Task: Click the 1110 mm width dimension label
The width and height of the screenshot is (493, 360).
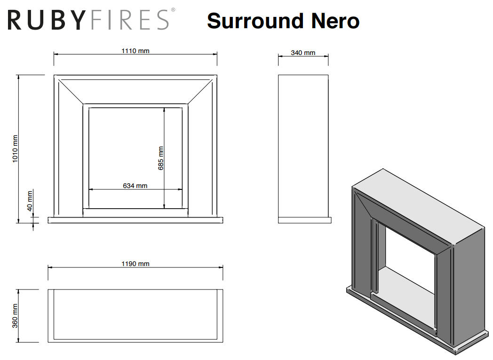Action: point(135,51)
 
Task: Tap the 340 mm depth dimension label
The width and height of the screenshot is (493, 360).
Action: point(303,53)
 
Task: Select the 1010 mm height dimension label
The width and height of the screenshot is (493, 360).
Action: point(15,149)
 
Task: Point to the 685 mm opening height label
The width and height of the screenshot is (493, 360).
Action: point(161,158)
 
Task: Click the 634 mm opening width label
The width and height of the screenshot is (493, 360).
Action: point(135,186)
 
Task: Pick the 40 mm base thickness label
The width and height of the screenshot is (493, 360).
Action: point(30,201)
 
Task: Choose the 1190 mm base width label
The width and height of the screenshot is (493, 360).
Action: point(135,264)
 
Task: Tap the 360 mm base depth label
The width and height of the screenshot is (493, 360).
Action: point(15,316)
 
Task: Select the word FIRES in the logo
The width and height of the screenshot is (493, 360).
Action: point(129,20)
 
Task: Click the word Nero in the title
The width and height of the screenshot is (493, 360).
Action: point(335,21)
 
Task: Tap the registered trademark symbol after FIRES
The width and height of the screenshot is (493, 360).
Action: point(173,10)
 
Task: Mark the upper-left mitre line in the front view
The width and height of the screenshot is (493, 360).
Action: point(71,92)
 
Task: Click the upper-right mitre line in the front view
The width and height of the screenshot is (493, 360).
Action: point(200,92)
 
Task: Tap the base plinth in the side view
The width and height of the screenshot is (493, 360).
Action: point(305,220)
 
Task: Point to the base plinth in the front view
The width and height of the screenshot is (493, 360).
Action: point(135,220)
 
